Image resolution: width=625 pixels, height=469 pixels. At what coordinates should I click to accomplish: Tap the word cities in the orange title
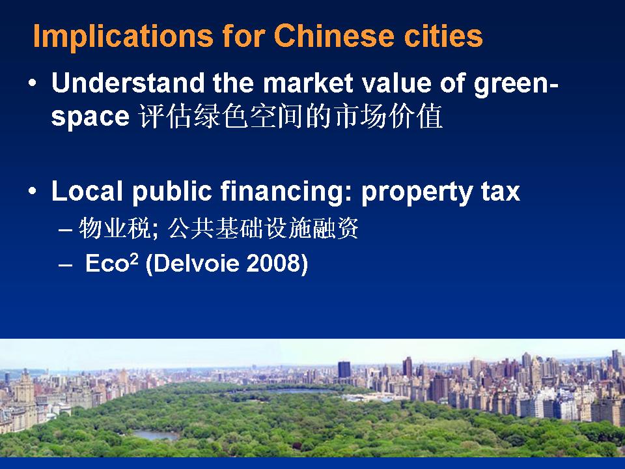click(443, 35)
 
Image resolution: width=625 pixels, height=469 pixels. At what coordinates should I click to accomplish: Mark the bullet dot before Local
click(33, 191)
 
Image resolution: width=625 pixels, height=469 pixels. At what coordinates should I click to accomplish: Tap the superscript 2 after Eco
click(133, 259)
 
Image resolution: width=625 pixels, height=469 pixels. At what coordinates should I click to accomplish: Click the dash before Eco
click(65, 265)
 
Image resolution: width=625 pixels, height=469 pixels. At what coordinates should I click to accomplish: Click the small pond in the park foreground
click(156, 434)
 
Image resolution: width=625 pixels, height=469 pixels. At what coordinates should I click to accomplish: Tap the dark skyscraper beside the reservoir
click(344, 370)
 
